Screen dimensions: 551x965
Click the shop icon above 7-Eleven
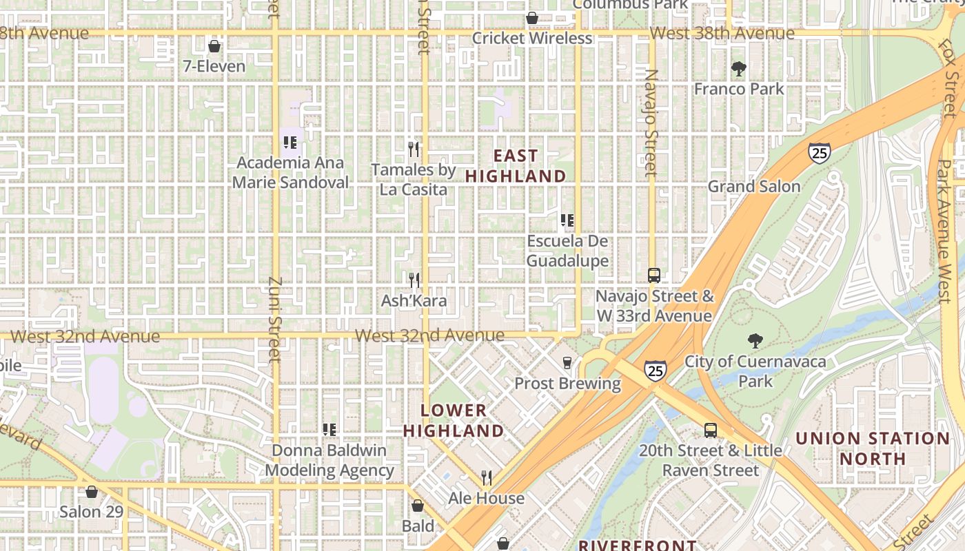214,47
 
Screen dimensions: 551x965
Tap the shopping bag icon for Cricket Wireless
532,18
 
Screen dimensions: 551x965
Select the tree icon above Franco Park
739,69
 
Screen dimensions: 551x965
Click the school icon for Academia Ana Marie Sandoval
290,143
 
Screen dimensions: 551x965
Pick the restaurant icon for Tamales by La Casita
414,149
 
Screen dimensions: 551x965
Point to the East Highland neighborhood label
516,166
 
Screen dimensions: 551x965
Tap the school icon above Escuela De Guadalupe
567,221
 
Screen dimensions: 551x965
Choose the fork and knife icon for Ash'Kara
414,280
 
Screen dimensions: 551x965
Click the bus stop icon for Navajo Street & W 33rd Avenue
654,275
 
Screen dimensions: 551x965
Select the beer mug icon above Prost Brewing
567,363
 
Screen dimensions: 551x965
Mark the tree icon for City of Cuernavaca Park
755,341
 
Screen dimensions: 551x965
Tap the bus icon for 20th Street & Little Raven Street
711,430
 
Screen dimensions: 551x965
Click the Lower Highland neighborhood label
454,421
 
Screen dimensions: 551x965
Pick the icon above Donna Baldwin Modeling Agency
329,430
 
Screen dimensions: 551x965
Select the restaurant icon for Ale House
487,477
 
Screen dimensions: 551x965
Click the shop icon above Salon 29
91,492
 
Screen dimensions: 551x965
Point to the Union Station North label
873,448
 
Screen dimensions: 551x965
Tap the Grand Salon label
754,187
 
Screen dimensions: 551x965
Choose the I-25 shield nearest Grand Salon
820,153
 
